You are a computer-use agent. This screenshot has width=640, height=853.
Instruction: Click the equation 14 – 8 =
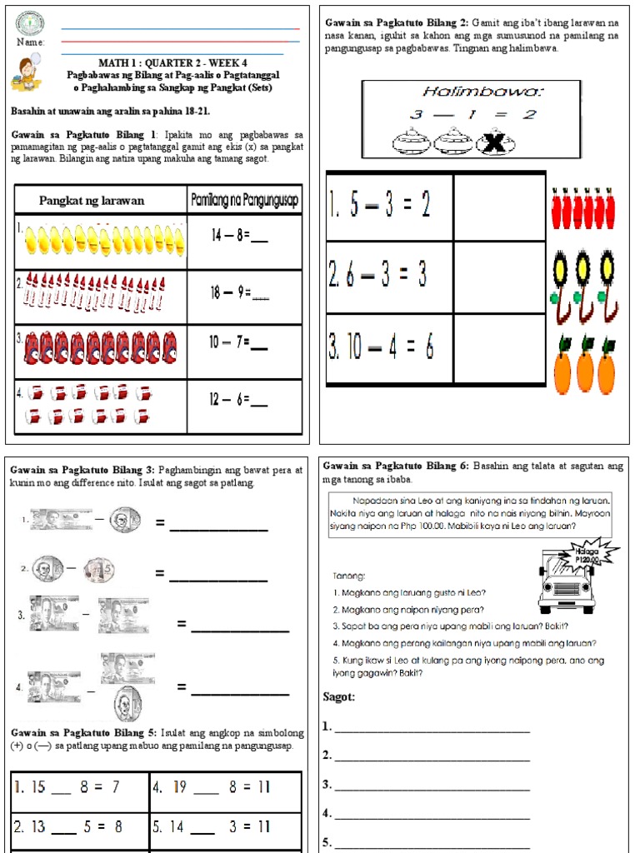pos(239,236)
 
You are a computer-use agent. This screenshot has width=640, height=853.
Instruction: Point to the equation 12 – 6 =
pos(239,400)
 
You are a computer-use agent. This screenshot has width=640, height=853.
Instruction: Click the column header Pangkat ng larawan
pos(92,201)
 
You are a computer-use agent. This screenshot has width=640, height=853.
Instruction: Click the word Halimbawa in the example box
pos(471,92)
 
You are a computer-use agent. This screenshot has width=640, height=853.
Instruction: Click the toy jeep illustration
pos(567,584)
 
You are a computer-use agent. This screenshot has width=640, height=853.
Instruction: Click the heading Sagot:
pos(339,697)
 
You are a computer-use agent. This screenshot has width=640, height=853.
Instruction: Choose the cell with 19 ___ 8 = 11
pos(225,787)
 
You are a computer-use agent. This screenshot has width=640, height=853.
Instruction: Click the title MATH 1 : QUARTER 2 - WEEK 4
pos(172,62)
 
